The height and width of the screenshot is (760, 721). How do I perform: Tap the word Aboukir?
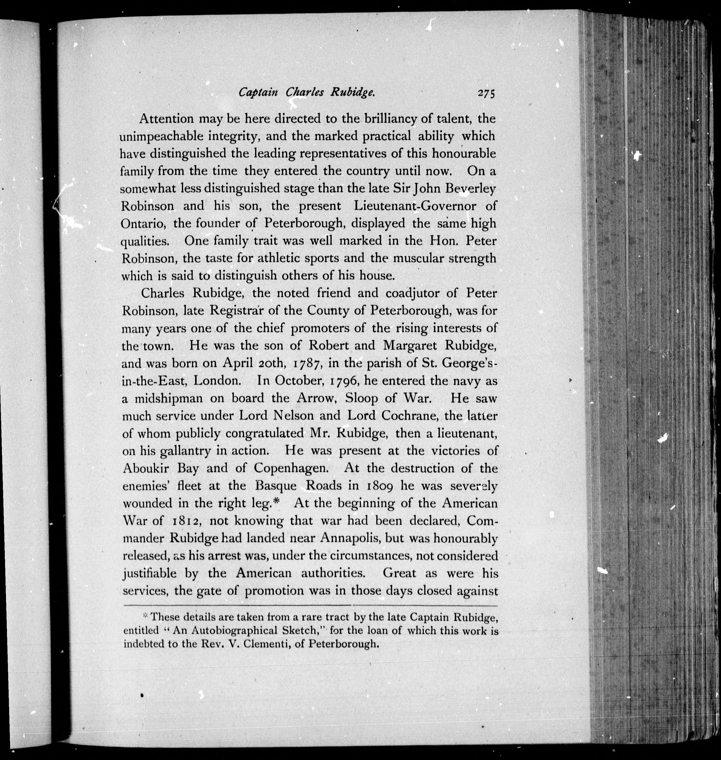[x=146, y=469]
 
